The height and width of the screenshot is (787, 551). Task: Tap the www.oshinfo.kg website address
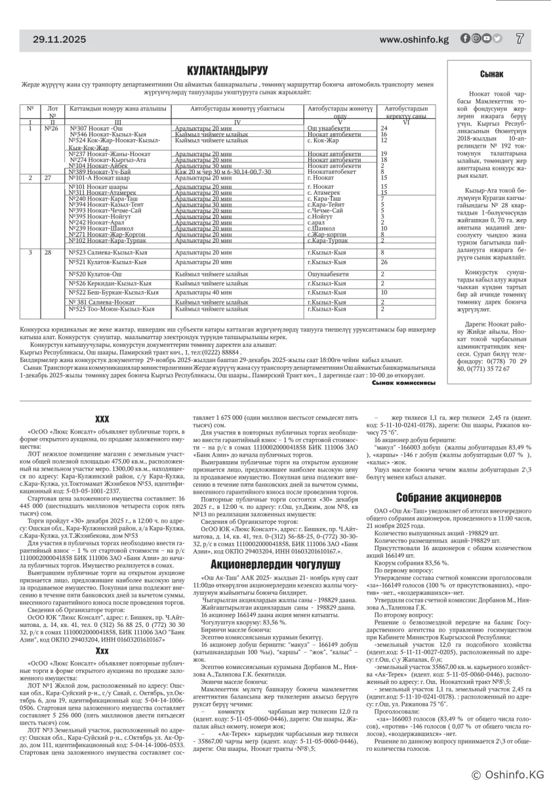[413, 40]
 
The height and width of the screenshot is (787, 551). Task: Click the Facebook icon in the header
[464, 39]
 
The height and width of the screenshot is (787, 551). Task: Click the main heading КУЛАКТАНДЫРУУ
[228, 70]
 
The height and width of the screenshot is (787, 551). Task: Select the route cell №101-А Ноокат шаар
[100, 178]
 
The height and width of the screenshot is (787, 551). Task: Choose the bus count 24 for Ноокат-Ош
[384, 129]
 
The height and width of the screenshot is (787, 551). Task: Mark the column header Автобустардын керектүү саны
[406, 111]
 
